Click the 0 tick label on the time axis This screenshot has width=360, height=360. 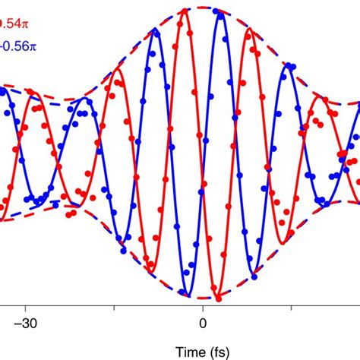coord(202,322)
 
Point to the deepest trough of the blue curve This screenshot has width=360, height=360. coord(185,295)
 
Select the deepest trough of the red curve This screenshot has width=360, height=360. coord(217,296)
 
